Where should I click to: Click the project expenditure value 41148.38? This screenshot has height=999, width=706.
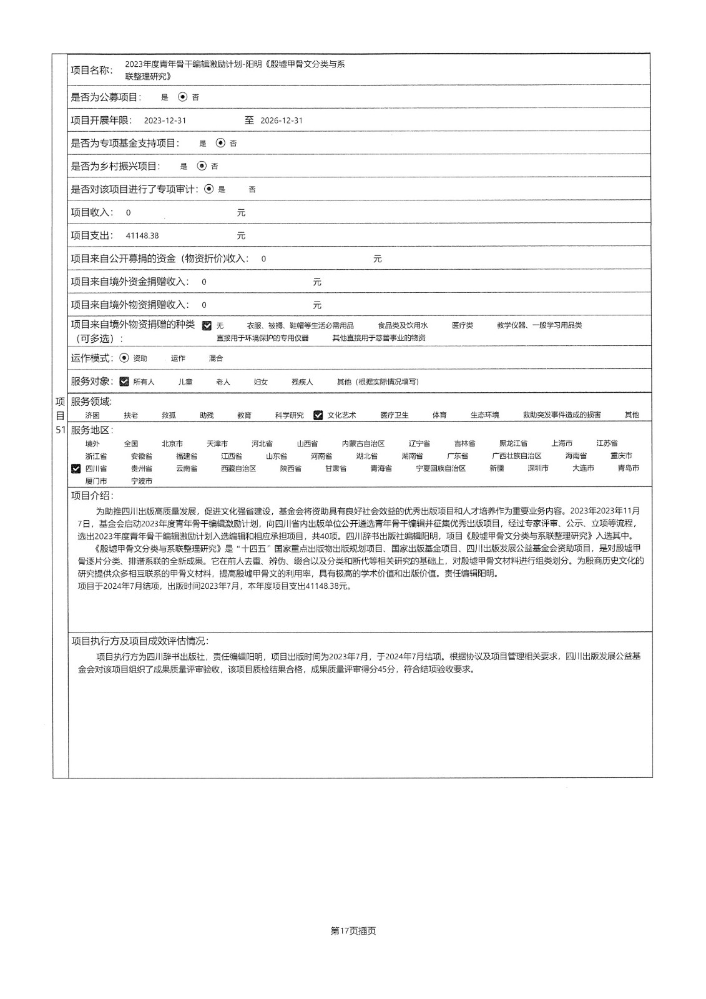[142, 236]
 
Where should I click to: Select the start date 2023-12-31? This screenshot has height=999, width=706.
[165, 121]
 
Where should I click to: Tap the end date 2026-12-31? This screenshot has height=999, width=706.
[282, 121]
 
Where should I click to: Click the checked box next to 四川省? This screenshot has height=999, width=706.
[76, 469]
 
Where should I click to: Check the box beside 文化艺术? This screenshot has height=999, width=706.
[318, 415]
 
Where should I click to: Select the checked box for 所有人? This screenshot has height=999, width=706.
[124, 381]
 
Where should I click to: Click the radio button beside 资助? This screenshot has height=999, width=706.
[124, 358]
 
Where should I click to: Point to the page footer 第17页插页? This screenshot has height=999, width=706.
[353, 931]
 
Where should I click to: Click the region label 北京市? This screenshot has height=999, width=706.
[172, 444]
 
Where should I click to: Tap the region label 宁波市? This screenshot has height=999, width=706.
[142, 481]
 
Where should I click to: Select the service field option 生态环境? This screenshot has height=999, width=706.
[485, 415]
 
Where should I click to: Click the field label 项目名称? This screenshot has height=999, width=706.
[92, 70]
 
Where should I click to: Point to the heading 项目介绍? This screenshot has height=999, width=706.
[92, 496]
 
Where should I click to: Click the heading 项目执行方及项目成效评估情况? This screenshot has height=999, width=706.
[140, 641]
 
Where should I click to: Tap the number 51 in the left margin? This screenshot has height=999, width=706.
[61, 430]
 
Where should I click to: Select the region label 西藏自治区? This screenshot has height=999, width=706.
[238, 468]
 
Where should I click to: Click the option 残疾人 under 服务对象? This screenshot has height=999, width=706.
[302, 382]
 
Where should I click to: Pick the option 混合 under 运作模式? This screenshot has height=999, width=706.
[216, 358]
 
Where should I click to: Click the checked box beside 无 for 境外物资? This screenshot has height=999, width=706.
[207, 326]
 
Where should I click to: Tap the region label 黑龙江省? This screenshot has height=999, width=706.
[513, 444]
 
